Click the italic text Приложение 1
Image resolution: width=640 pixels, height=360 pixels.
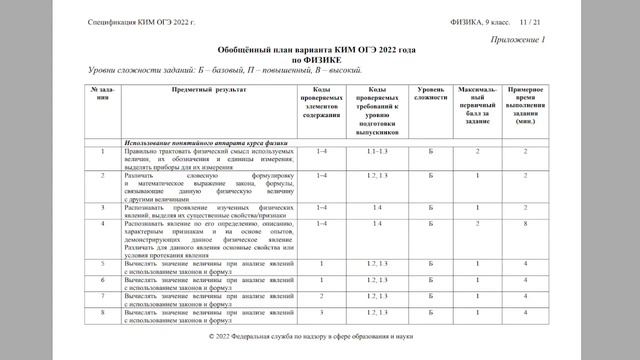point(517,39)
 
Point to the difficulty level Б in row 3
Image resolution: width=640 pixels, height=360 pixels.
point(431,207)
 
